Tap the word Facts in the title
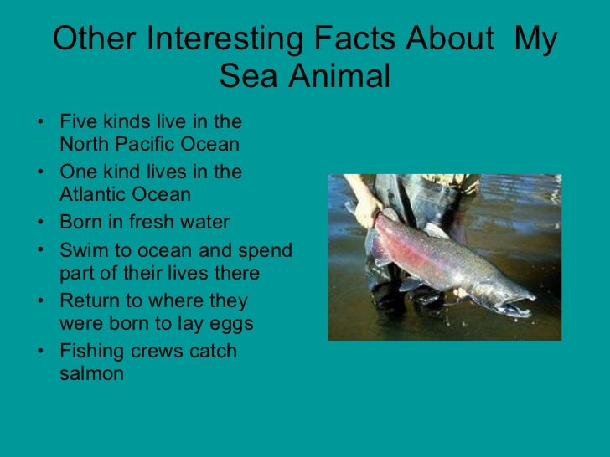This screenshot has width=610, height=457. tap(362, 40)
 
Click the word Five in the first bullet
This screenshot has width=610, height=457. tap(76, 121)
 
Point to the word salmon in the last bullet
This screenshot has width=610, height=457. tap(91, 373)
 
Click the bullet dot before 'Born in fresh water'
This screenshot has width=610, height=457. tap(42, 223)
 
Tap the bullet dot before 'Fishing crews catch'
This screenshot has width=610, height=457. tap(42, 352)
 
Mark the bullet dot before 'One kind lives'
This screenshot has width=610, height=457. tap(42, 172)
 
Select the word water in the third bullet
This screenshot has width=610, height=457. tap(201, 223)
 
